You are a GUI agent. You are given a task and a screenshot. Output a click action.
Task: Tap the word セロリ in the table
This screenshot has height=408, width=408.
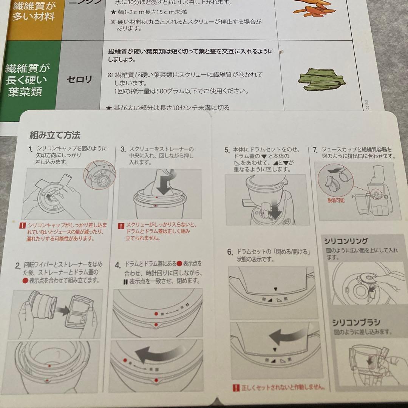(79, 80)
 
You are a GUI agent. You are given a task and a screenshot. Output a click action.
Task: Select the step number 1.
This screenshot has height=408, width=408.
(31, 149)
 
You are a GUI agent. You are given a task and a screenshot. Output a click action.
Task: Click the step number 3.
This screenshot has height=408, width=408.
(123, 149)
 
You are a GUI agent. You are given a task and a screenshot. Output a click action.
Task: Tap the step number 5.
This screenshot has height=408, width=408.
(227, 150)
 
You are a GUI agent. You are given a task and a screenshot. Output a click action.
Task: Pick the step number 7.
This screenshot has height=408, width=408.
(315, 150)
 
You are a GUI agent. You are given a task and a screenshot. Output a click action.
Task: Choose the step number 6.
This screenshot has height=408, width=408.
(230, 252)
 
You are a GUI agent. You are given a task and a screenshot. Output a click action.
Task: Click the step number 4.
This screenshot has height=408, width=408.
(117, 264)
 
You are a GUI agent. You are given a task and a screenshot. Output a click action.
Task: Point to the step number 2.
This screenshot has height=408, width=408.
(18, 266)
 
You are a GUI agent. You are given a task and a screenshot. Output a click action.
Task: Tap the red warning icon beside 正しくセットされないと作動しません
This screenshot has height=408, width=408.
(236, 388)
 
